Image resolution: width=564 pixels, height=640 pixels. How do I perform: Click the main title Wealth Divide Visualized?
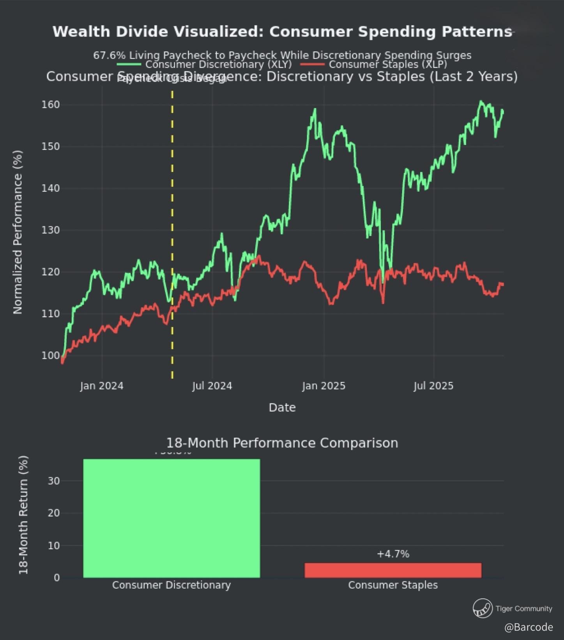282,32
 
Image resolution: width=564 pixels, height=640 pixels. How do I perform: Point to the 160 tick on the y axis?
51,105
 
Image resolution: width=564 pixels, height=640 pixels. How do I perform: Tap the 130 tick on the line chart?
51,230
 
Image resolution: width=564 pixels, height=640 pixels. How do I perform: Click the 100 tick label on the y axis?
51,356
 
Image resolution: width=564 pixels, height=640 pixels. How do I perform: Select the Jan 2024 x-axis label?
102,386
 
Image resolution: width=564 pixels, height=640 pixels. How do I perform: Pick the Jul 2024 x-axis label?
212,386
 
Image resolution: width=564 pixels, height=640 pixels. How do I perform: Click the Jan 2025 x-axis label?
324,386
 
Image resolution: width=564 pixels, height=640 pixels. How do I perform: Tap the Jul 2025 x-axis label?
433,386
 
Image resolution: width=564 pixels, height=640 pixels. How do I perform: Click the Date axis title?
282,408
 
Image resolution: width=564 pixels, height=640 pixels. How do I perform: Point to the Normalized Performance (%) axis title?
18,232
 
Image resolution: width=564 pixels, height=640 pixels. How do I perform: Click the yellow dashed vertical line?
172,234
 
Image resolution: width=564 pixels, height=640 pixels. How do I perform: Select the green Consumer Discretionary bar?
171,518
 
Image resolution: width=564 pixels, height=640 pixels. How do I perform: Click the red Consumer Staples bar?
393,570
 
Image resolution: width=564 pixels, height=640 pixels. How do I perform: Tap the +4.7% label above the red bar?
393,554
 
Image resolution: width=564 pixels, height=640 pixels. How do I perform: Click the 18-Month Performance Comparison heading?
282,443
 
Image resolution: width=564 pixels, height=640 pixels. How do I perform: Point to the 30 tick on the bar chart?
54,481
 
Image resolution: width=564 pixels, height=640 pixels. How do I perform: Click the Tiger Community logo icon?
483,608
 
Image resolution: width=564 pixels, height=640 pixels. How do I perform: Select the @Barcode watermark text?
529,627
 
